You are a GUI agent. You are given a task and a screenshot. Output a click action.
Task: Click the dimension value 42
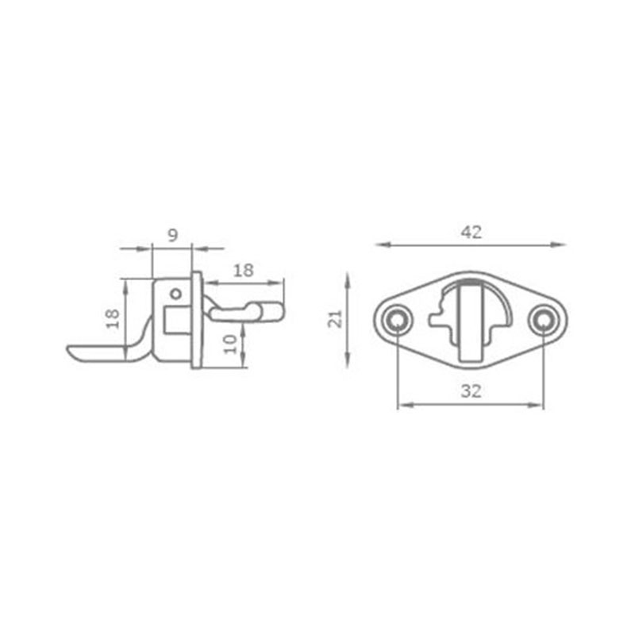pyautogui.click(x=471, y=233)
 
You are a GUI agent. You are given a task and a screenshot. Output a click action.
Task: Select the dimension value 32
pyautogui.click(x=471, y=391)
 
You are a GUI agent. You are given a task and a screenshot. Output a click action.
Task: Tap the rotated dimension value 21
pyautogui.click(x=335, y=319)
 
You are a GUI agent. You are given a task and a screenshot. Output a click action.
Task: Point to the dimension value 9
pyautogui.click(x=172, y=235)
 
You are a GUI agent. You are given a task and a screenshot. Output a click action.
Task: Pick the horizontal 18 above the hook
pyautogui.click(x=243, y=270)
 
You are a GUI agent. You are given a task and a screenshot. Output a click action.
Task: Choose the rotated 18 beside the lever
pyautogui.click(x=113, y=318)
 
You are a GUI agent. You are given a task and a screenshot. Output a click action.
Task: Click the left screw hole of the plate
pyautogui.click(x=396, y=321)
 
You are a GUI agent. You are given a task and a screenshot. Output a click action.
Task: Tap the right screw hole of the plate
pyautogui.click(x=544, y=321)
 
